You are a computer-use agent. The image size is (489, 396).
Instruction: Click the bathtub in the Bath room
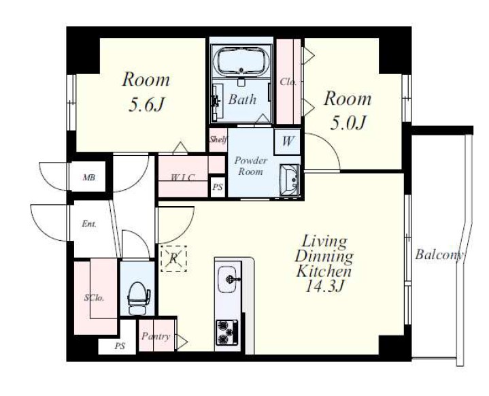pyautogui.click(x=241, y=61)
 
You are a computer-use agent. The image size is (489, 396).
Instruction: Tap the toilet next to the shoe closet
pyautogui.click(x=138, y=298)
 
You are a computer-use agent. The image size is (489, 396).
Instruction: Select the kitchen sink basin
pyautogui.click(x=229, y=279)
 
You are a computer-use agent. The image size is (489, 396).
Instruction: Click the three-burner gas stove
pyautogui.click(x=226, y=332)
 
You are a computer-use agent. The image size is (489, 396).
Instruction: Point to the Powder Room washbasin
pyautogui.click(x=290, y=180)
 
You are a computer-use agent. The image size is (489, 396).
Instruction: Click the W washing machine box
pyautogui.click(x=287, y=142)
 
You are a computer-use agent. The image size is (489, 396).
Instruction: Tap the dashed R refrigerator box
pyautogui.click(x=173, y=259)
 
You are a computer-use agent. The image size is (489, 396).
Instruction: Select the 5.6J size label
pyautogui.click(x=146, y=105)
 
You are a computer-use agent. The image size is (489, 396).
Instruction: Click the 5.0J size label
pyautogui.click(x=347, y=123)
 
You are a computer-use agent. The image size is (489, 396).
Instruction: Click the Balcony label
pyautogui.click(x=439, y=255)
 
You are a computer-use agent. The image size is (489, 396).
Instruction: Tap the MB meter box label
pyautogui.click(x=89, y=178)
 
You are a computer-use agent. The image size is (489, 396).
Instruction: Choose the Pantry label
pyautogui.click(x=156, y=336)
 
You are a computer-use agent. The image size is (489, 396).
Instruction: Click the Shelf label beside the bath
pyautogui.click(x=218, y=139)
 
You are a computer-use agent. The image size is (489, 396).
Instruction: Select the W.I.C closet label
pyautogui.click(x=183, y=178)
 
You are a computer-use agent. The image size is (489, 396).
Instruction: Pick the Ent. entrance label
pyautogui.click(x=89, y=224)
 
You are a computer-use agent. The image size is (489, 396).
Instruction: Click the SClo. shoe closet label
pyautogui.click(x=94, y=298)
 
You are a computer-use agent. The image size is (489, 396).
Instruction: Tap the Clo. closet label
pyautogui.click(x=288, y=82)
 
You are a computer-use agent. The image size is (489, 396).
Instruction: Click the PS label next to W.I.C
pyautogui.click(x=218, y=187)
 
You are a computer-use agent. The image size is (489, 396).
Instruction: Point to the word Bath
pyautogui.click(x=242, y=99)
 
